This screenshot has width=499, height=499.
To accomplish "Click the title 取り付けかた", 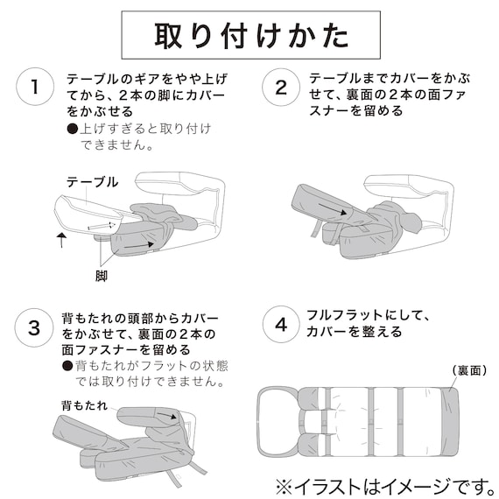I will [x=250, y=36].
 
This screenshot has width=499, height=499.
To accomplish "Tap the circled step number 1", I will [x=34, y=88].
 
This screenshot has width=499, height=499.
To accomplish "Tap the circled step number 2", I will [x=281, y=88].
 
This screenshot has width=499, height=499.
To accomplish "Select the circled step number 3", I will [x=34, y=328].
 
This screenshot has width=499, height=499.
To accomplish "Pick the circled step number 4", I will [x=281, y=326].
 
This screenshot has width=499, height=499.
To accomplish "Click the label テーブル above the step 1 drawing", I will [x=92, y=181].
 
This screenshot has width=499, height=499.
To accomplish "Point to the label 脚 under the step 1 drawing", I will [x=102, y=274].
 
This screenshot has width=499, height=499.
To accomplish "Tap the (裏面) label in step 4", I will [x=471, y=371].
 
